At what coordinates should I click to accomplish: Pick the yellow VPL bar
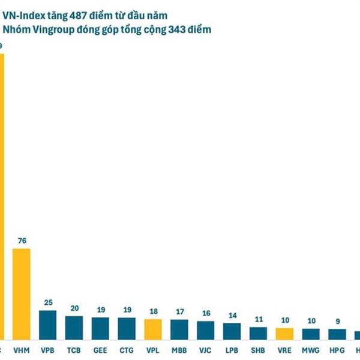point(153,329)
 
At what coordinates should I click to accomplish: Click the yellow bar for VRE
point(284,334)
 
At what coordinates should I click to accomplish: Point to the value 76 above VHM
point(22,241)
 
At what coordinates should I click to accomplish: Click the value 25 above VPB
point(48,303)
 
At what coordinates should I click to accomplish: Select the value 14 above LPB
point(232,316)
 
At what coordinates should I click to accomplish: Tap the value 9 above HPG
point(337,321)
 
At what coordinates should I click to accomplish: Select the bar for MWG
point(311,334)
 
